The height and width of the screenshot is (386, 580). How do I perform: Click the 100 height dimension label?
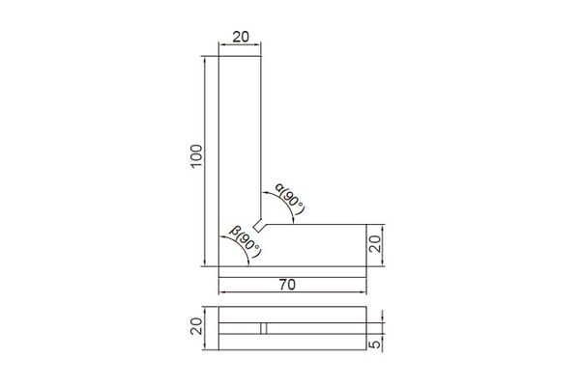(197, 155)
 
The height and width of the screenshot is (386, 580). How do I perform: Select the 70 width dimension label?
(287, 285)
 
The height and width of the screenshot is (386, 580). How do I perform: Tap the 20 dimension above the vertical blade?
(241, 37)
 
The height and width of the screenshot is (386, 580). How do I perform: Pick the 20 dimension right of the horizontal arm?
(375, 244)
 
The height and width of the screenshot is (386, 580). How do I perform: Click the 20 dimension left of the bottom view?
(197, 326)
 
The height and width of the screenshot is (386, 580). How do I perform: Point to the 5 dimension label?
(375, 345)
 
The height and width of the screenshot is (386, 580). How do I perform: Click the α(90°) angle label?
(291, 199)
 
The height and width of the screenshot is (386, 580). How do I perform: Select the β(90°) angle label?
(246, 241)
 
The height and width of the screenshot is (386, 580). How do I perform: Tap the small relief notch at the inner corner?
(260, 225)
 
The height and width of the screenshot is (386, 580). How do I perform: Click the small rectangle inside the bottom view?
(263, 328)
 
